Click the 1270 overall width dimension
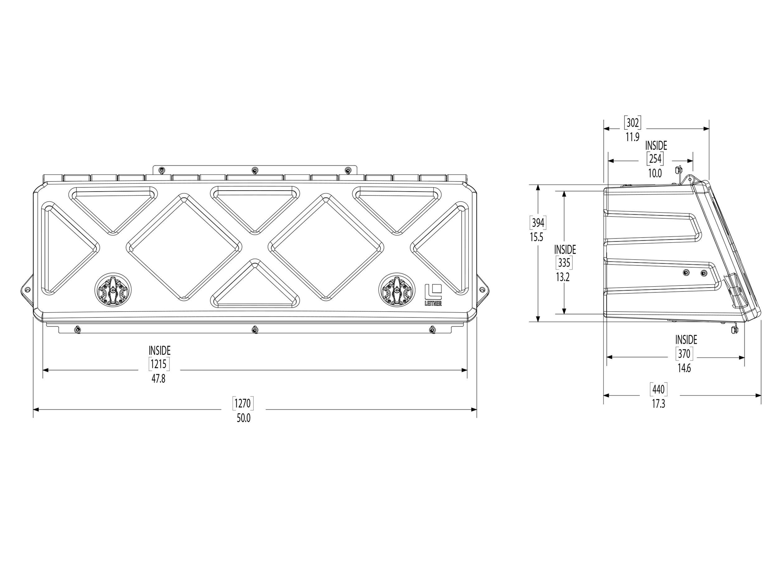[243, 403]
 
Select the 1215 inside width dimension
[159, 364]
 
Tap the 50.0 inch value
[243, 419]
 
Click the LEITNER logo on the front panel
[433, 295]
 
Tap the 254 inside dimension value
[655, 159]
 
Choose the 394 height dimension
[537, 223]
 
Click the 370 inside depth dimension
[684, 353]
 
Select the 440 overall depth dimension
[658, 389]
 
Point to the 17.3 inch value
[658, 404]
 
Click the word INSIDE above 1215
[159, 351]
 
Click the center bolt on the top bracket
[255, 170]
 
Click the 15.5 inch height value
[537, 238]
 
